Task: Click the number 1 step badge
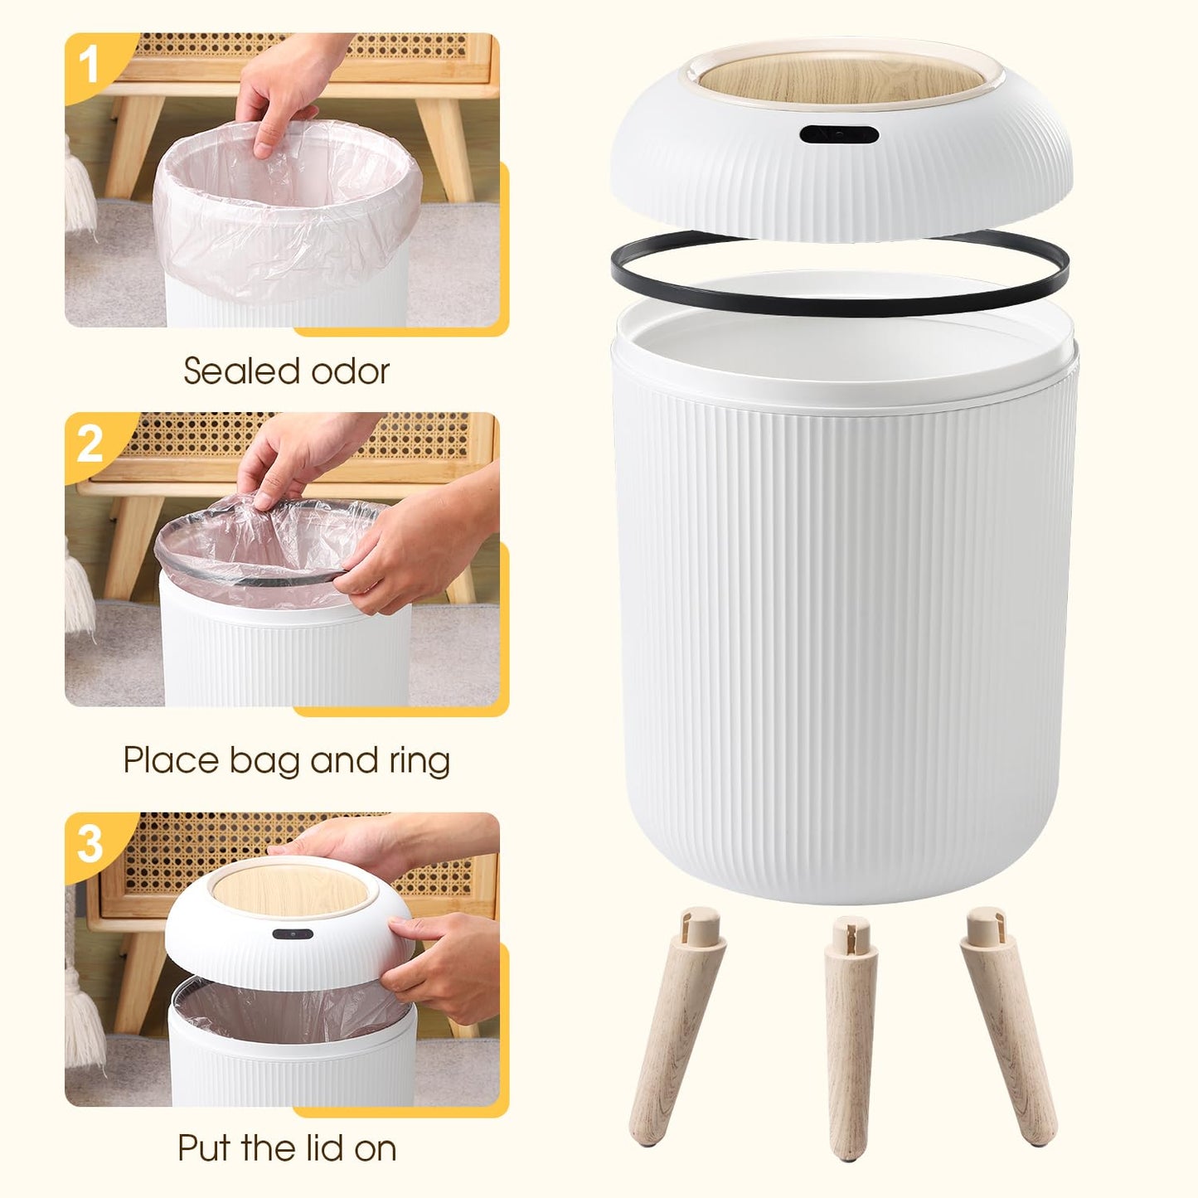click(89, 63)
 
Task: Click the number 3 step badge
click(89, 843)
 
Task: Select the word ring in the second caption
click(420, 760)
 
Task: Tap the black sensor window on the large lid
click(839, 133)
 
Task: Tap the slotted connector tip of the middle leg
click(846, 934)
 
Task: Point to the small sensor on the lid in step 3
click(293, 934)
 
